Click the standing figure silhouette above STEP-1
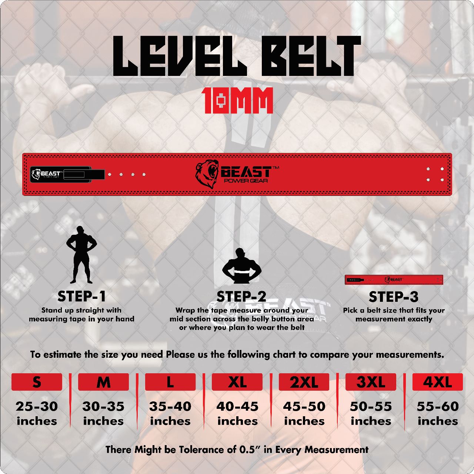(x=81, y=255)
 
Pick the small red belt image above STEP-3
(x=394, y=280)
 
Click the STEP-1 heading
(x=81, y=296)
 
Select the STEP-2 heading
(x=241, y=297)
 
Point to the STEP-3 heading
(x=394, y=297)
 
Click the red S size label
(x=37, y=382)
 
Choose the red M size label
(x=103, y=382)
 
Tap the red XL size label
(x=237, y=382)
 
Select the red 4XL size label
(x=437, y=382)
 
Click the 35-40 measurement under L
(x=170, y=406)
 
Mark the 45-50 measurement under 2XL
(x=304, y=406)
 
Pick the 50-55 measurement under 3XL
(x=371, y=406)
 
